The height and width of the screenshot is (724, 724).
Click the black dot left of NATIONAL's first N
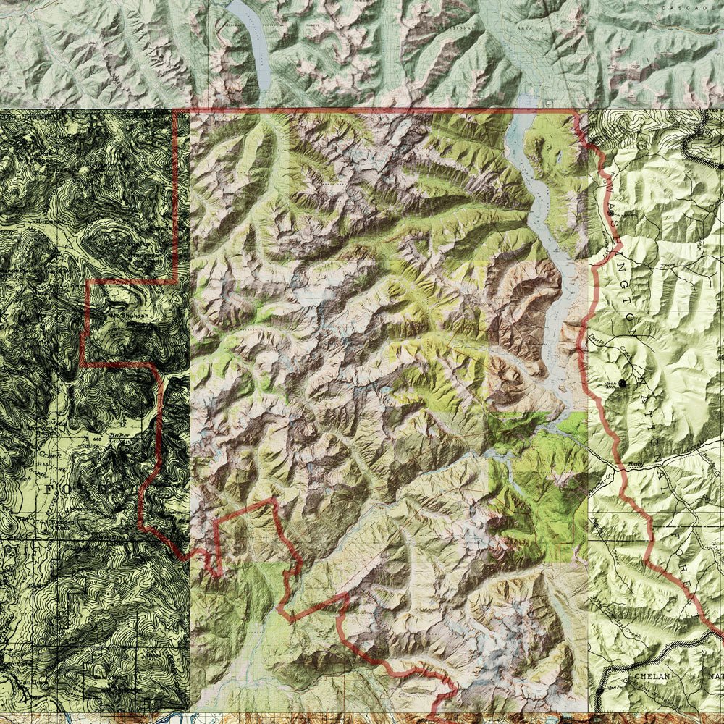click(x=620, y=383)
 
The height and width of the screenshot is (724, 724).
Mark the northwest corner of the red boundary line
click(x=177, y=111)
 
